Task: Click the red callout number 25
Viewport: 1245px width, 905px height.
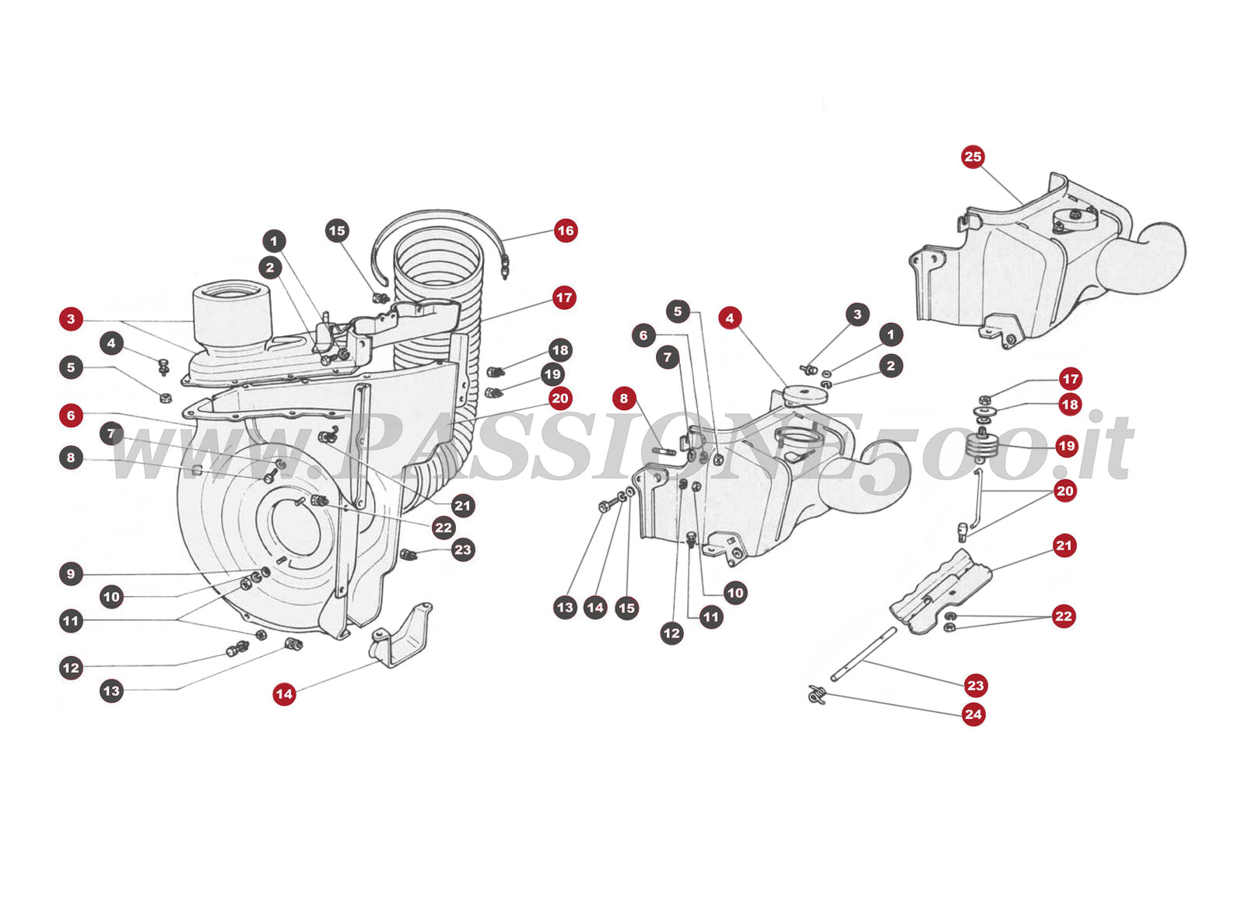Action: pyautogui.click(x=973, y=156)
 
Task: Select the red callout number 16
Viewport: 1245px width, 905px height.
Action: pyautogui.click(x=566, y=230)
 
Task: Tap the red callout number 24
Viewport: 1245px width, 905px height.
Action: pyautogui.click(x=973, y=714)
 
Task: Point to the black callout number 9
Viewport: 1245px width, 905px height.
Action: pyautogui.click(x=71, y=574)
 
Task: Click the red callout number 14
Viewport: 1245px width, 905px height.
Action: pyautogui.click(x=284, y=694)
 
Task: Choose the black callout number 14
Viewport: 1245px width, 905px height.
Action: pyautogui.click(x=595, y=608)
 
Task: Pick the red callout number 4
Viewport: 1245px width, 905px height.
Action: pyautogui.click(x=729, y=317)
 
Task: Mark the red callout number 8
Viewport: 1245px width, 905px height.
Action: pyautogui.click(x=623, y=398)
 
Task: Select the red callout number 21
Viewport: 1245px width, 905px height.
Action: pyautogui.click(x=1064, y=545)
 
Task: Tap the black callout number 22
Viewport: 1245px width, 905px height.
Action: pyautogui.click(x=443, y=528)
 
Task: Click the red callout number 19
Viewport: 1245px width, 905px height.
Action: pyautogui.click(x=1066, y=446)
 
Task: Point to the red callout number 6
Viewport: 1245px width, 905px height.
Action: pyautogui.click(x=71, y=415)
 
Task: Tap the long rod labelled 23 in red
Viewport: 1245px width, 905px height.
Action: pyautogui.click(x=864, y=654)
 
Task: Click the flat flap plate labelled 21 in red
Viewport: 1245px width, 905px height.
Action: pyautogui.click(x=940, y=592)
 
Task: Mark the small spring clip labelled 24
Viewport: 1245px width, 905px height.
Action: pyautogui.click(x=816, y=694)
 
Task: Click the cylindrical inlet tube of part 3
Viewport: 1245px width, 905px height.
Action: pyautogui.click(x=232, y=315)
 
